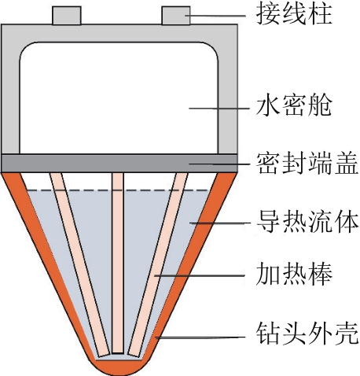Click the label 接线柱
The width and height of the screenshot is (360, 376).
(294, 14)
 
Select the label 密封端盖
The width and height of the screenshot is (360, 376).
(307, 163)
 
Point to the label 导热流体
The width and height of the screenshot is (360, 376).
(307, 223)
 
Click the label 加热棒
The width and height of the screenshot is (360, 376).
(294, 275)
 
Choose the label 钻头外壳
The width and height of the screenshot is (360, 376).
(307, 333)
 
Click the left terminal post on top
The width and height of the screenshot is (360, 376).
(67, 16)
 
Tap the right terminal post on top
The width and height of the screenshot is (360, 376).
(176, 16)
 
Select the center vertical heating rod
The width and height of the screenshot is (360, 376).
(118, 263)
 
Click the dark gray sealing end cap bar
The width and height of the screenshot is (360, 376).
(119, 163)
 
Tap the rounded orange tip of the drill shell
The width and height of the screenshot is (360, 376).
(119, 367)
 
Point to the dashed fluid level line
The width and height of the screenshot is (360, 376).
(118, 190)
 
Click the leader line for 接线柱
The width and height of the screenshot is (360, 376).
(215, 16)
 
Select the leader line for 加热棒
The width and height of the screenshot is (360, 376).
(200, 275)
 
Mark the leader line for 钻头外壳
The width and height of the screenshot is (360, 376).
(200, 337)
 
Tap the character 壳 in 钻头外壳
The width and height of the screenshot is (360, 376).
(347, 333)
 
